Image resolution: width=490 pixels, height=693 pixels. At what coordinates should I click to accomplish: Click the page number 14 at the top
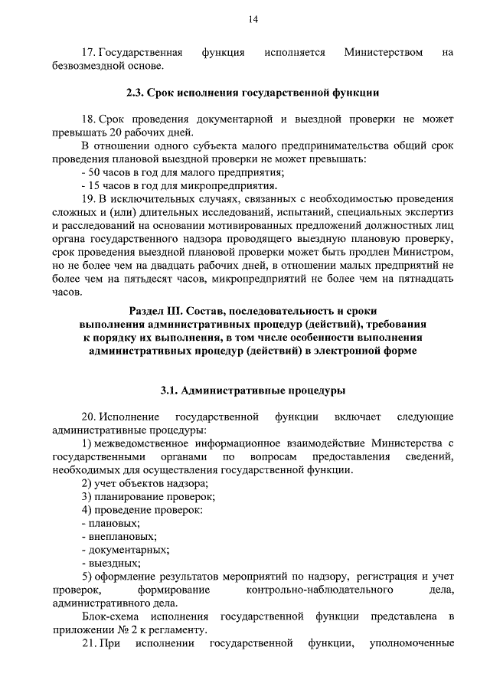tap(253, 20)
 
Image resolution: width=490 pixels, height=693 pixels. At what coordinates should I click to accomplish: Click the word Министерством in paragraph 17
tap(384, 52)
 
